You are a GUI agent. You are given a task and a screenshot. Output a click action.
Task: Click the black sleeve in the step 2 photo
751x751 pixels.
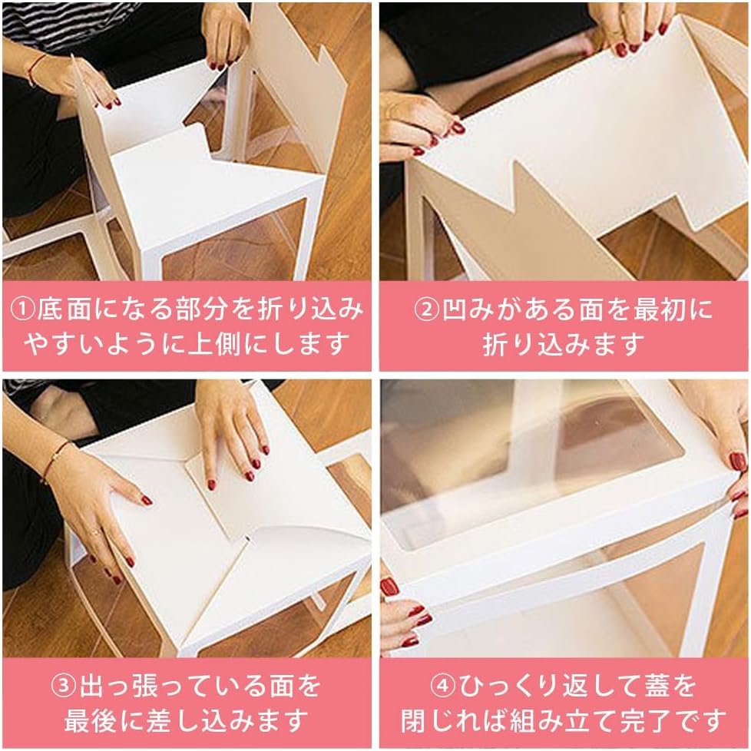[x=476, y=46]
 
